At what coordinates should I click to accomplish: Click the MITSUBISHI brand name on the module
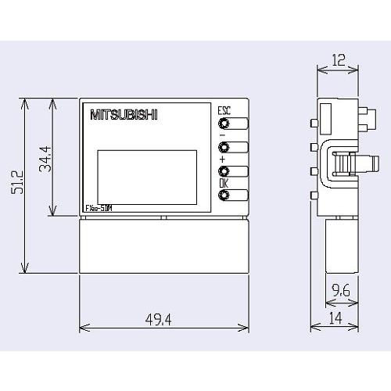[124, 116]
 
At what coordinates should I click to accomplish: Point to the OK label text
[224, 184]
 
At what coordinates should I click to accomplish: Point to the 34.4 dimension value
[46, 159]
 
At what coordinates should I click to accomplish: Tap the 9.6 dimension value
[340, 291]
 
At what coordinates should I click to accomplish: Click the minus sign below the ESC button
[222, 135]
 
